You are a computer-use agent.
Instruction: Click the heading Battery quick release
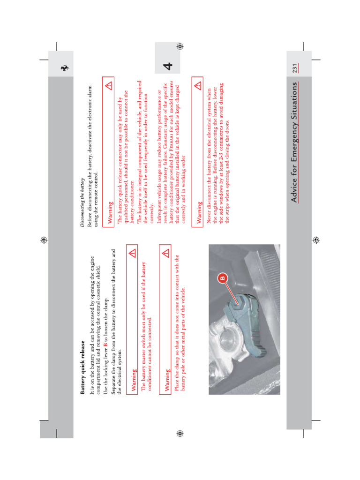(83, 367)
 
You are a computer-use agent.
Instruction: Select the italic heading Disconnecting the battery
(83, 203)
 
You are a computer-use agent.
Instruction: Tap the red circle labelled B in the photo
(222, 277)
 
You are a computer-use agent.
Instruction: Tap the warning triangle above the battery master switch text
(132, 253)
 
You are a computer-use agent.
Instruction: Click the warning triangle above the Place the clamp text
(165, 253)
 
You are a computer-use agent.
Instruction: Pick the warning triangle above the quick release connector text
(109, 86)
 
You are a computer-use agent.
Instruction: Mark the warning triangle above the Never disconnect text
(197, 86)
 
